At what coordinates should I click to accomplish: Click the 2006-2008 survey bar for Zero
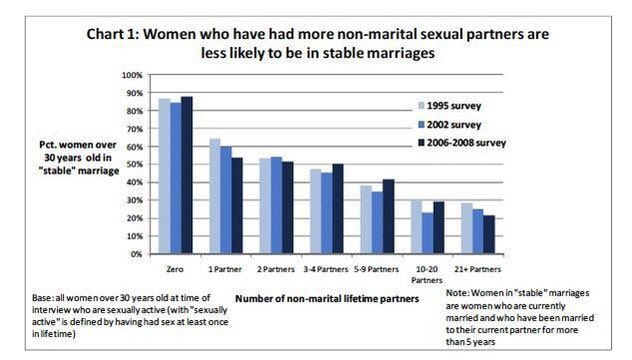(x=187, y=175)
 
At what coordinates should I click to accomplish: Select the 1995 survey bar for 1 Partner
(x=215, y=196)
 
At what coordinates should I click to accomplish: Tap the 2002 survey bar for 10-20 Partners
(x=427, y=233)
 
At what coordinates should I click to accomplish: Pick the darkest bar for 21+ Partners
(x=489, y=234)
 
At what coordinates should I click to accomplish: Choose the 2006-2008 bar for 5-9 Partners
(x=389, y=216)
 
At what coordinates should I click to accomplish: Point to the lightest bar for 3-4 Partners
(x=316, y=211)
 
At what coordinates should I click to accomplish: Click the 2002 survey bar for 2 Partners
(x=276, y=205)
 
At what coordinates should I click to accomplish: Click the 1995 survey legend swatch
(x=422, y=106)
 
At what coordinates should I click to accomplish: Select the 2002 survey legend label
(x=454, y=125)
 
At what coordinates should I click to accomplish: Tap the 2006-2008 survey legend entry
(x=462, y=143)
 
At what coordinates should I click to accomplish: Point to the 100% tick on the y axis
(x=133, y=75)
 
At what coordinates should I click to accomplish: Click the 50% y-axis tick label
(x=134, y=164)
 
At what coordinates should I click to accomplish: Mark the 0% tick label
(x=136, y=254)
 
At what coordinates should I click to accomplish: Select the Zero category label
(x=175, y=269)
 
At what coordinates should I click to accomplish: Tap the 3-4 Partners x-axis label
(x=326, y=269)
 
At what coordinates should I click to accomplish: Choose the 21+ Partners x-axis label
(x=478, y=269)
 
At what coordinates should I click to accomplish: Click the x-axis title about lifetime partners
(x=327, y=299)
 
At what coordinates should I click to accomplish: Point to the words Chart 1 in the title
(x=112, y=34)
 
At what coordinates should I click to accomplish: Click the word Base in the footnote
(x=42, y=298)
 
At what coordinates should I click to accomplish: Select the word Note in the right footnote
(x=457, y=293)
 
